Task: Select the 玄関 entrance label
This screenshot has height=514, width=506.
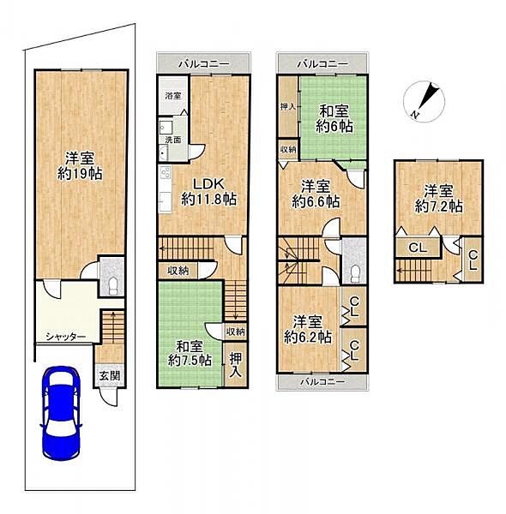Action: coord(110,376)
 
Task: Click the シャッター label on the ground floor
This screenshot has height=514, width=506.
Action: coord(66,337)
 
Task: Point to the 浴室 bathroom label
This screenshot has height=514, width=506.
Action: coord(173,96)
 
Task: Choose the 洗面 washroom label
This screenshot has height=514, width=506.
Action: coord(173,140)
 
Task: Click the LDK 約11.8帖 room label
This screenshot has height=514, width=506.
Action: coord(208,191)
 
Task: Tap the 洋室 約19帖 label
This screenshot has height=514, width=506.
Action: coord(80,166)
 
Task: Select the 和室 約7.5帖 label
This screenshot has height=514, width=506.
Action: coord(190,353)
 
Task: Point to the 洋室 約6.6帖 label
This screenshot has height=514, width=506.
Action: coord(316,194)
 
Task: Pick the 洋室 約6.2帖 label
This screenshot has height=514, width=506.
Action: coord(308,330)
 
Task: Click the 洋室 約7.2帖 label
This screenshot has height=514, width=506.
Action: coord(439,199)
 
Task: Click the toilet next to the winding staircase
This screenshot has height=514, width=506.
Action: coord(355,273)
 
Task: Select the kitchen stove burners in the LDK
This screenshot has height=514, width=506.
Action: coord(165,172)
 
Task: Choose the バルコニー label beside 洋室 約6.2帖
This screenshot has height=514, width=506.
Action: coord(322,381)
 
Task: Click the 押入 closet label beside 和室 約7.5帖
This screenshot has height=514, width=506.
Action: coord(236,364)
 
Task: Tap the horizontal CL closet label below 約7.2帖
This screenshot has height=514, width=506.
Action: coord(417,248)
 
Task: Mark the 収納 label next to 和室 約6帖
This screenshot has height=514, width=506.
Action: coord(288,149)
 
